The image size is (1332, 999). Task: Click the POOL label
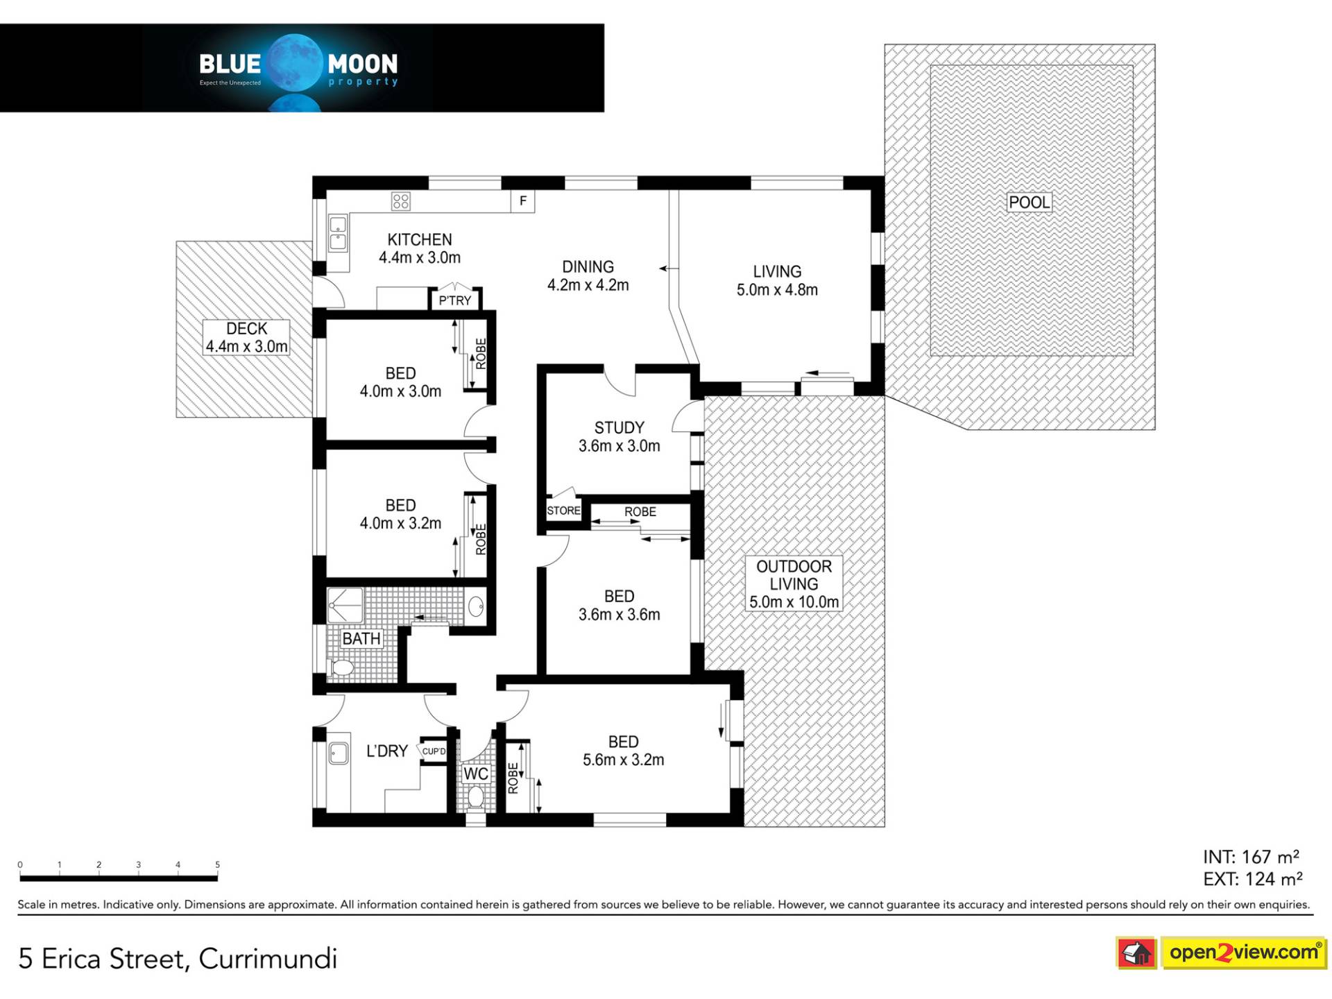point(1029,203)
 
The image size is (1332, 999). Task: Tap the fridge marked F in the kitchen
point(523,201)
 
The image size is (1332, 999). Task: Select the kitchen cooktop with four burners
point(401,201)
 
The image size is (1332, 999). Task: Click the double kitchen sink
point(338,233)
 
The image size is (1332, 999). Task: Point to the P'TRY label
point(454,300)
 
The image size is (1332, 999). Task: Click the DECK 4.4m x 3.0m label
point(246,338)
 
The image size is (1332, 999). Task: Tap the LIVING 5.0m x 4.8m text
point(777,281)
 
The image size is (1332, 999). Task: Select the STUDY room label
point(619,428)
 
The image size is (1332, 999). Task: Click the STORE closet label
point(563,511)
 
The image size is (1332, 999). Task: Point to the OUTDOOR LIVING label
point(794,583)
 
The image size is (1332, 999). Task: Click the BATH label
point(361,638)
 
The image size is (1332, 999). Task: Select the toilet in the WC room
point(475,796)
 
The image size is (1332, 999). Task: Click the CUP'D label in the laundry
point(434,751)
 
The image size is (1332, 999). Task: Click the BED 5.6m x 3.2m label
point(623,751)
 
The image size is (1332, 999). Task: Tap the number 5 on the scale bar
point(217,864)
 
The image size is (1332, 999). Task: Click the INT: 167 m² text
point(1251,857)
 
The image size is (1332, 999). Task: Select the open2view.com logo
point(1243,952)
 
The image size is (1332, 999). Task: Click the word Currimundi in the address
point(268,959)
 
